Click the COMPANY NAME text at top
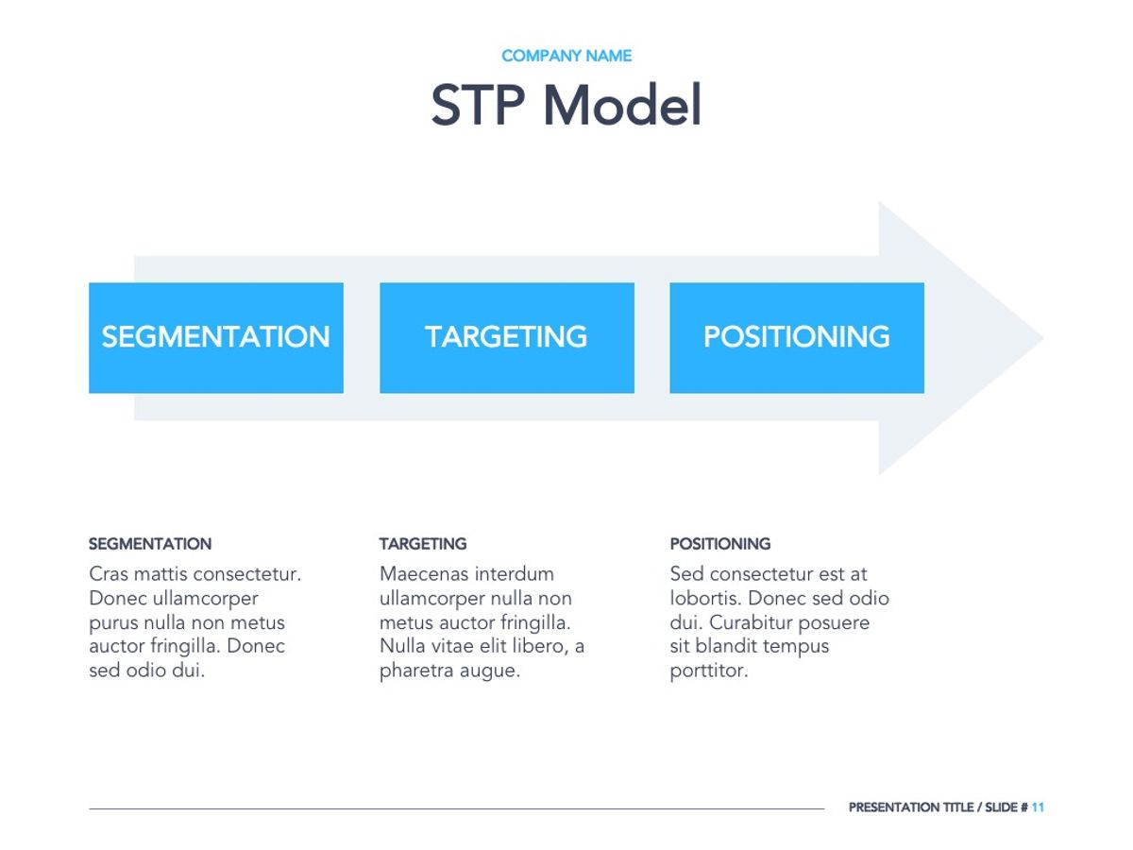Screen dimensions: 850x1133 click(566, 56)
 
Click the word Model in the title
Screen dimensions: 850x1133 click(622, 106)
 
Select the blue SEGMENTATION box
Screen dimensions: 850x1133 click(216, 337)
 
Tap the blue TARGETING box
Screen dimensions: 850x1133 click(506, 337)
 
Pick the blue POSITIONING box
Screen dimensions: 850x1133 click(796, 337)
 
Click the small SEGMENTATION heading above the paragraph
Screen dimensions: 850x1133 click(150, 544)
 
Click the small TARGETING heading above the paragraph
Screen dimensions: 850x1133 click(423, 544)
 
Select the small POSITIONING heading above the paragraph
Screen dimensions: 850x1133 click(719, 544)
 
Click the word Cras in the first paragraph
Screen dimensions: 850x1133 click(109, 574)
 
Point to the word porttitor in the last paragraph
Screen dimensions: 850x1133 click(708, 671)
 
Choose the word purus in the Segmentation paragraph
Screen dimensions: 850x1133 click(112, 623)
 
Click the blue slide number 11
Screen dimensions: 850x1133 click(1038, 807)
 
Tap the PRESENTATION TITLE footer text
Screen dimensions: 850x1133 click(910, 807)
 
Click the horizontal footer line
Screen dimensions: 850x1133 click(453, 808)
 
